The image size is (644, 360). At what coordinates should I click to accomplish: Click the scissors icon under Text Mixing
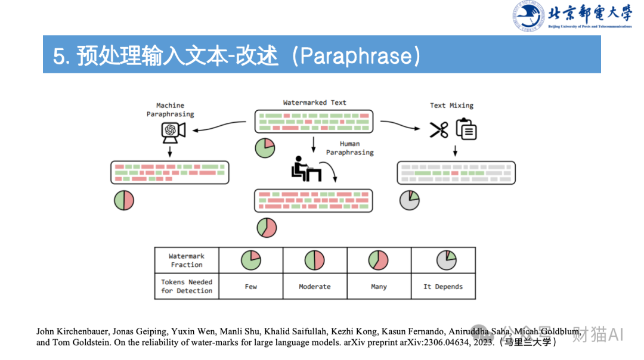tap(439, 130)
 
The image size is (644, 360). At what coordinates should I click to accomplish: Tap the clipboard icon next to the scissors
tap(466, 129)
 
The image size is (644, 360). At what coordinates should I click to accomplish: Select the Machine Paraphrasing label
tap(171, 110)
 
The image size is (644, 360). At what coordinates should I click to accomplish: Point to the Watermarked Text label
tap(314, 103)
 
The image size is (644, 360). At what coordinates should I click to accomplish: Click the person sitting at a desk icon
tap(306, 169)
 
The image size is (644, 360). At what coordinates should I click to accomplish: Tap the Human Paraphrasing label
tap(350, 148)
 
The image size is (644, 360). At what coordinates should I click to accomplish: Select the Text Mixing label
tap(451, 105)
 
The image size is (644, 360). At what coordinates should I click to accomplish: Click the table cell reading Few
tap(251, 287)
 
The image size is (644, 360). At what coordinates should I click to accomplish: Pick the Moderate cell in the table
tap(314, 287)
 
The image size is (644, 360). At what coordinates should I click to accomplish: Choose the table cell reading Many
tap(379, 287)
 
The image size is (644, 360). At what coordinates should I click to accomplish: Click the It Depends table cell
tap(443, 287)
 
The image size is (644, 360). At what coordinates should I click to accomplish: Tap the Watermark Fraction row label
tap(187, 260)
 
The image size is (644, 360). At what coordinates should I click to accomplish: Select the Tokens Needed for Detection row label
tap(187, 286)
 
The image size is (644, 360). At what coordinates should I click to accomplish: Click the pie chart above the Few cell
tap(251, 260)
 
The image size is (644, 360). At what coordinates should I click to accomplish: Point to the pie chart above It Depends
tap(446, 260)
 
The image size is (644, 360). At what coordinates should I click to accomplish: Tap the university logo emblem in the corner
tap(528, 16)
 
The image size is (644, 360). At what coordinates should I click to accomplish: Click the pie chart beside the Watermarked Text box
tap(265, 148)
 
